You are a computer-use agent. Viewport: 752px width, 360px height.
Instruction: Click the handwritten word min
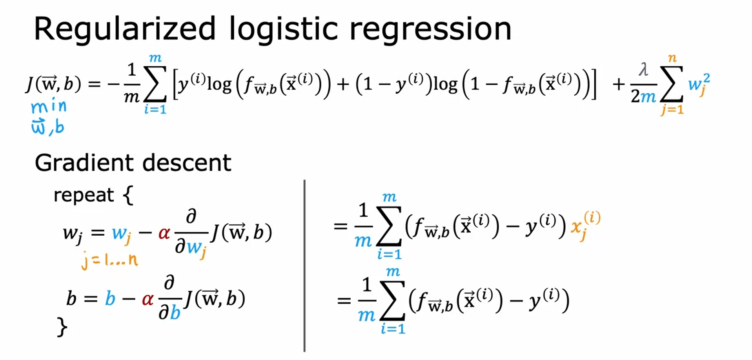tap(49, 106)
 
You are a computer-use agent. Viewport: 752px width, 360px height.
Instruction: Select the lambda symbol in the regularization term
tap(643, 70)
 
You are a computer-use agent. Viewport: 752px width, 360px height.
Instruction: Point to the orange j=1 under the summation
tap(672, 109)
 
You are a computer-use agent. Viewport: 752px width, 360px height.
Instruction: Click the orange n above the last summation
tap(672, 58)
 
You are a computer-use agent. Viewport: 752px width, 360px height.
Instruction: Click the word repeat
tap(83, 195)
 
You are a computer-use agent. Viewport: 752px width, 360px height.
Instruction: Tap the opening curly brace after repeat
tap(128, 195)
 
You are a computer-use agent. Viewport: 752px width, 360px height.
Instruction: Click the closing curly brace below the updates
tap(62, 327)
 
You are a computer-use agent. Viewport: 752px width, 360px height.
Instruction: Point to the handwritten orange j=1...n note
tap(109, 260)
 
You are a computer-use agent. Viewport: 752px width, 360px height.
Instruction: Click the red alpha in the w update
tap(164, 233)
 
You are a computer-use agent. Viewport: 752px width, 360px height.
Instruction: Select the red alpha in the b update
tap(147, 299)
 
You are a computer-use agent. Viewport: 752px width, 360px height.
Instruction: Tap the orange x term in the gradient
tap(584, 225)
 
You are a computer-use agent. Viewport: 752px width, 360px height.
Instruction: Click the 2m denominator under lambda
tap(643, 96)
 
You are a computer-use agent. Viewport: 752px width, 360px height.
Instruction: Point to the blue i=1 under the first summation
tap(155, 109)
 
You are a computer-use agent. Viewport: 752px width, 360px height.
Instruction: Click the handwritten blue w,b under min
tap(47, 127)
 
